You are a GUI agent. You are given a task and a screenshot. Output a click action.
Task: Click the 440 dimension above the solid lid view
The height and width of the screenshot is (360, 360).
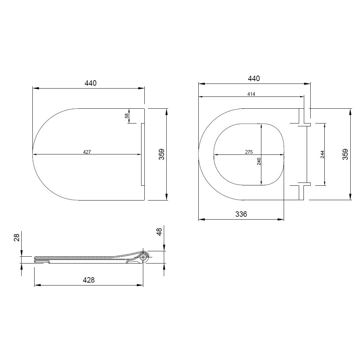[x=90, y=83]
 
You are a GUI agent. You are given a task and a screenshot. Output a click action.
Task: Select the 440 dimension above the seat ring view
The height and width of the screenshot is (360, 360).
[x=254, y=78]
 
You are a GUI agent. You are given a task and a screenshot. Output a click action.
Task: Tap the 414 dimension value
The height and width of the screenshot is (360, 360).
[x=251, y=94]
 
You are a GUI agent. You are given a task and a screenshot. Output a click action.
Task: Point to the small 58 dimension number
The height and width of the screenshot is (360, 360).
[x=127, y=116]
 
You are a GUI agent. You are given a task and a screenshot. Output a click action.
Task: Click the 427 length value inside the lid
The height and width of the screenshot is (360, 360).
[x=87, y=152]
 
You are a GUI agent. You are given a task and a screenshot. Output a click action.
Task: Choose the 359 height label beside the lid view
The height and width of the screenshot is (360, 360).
[x=162, y=154]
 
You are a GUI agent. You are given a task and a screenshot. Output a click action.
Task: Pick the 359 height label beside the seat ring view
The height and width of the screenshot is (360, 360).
[x=345, y=154]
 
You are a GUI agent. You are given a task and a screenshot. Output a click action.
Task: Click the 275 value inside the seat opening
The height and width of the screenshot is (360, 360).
[x=249, y=152]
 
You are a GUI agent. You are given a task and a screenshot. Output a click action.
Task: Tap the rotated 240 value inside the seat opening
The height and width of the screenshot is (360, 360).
[x=259, y=161]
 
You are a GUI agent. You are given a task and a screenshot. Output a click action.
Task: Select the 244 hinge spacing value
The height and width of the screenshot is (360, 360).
[x=322, y=154]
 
